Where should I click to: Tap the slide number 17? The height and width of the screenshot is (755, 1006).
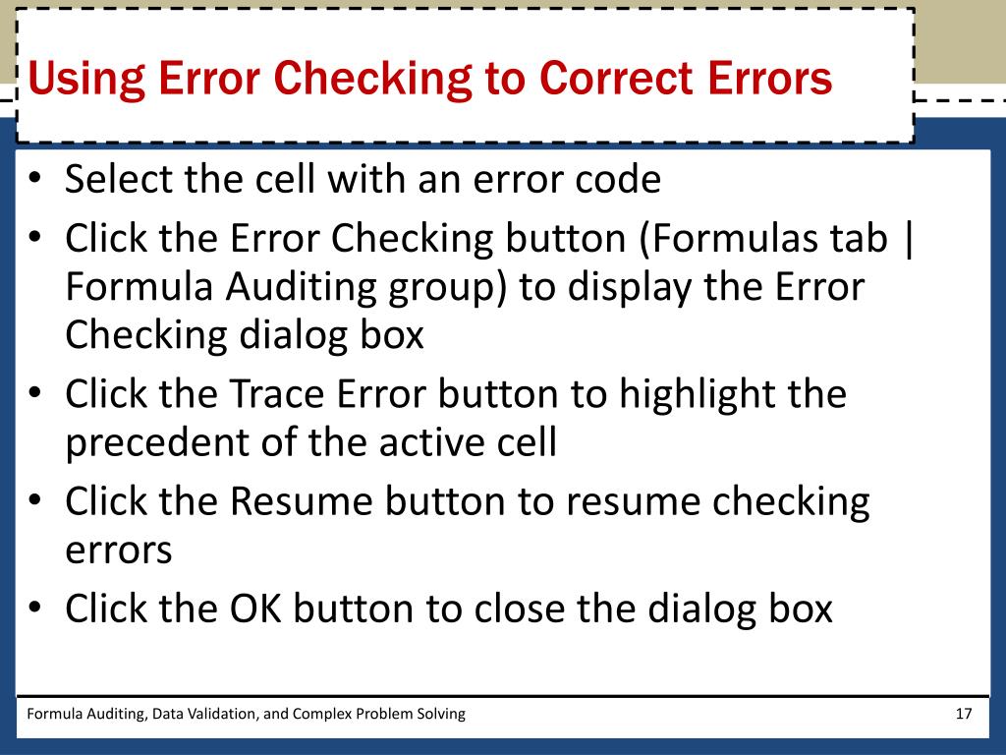point(963,714)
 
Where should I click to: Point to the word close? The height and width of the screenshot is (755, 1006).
point(520,610)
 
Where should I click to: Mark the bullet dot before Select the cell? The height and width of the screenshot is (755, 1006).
point(35,182)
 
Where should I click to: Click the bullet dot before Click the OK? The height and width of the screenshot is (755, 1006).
point(35,610)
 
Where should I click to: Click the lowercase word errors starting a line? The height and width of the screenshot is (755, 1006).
point(118,551)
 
